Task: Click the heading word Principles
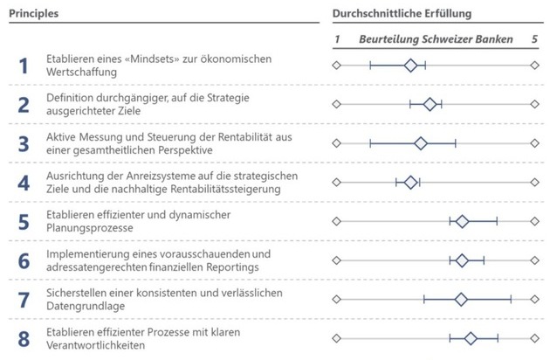coord(34,14)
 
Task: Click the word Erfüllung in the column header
coord(448,14)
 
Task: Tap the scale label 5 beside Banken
coord(534,39)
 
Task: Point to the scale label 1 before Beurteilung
coord(337,39)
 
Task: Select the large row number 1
coord(24,66)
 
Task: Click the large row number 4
coord(24,183)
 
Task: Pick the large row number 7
coord(24,301)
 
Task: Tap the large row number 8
coord(24,339)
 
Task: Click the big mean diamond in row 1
coord(410,66)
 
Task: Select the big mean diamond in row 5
coord(463,221)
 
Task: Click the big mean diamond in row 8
coord(471,338)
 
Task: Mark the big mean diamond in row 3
coord(421,143)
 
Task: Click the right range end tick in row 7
coord(511,299)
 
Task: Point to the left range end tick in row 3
coord(370,143)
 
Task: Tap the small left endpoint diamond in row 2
coord(337,104)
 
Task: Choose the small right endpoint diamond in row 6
coord(534,260)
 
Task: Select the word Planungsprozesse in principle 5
coord(90,228)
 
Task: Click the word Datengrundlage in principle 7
coord(86,307)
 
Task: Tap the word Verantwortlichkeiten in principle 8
coord(96,345)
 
